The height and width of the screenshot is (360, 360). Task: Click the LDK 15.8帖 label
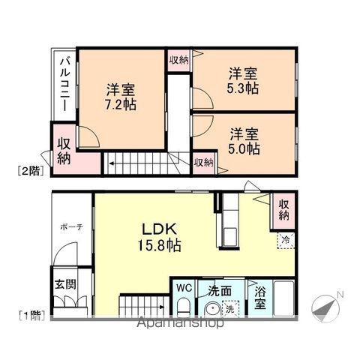click(159, 237)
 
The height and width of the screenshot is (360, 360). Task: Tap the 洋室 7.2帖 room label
click(121, 97)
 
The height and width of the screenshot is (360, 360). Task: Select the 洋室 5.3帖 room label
click(243, 81)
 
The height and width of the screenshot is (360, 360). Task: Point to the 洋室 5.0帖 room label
click(244, 141)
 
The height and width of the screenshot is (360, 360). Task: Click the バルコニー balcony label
click(65, 84)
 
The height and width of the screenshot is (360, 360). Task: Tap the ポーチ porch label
click(71, 227)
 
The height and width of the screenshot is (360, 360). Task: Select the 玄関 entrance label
click(65, 284)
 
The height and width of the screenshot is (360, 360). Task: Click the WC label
click(184, 288)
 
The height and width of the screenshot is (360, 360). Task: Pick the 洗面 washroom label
click(220, 291)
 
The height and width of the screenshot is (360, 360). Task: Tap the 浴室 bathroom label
click(260, 298)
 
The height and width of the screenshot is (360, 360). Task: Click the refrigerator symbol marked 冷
click(286, 241)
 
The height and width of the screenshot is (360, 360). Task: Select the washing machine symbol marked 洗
click(230, 309)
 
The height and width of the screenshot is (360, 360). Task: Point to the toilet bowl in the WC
click(183, 307)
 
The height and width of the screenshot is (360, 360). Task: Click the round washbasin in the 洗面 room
click(212, 310)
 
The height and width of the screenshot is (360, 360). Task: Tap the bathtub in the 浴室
click(283, 298)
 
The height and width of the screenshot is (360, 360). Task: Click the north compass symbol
click(326, 307)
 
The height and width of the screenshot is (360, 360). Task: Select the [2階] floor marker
click(31, 171)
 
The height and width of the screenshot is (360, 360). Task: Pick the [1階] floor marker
click(32, 315)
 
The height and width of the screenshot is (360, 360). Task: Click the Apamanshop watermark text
click(181, 322)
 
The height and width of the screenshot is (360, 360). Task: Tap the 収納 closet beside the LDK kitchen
click(284, 210)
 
